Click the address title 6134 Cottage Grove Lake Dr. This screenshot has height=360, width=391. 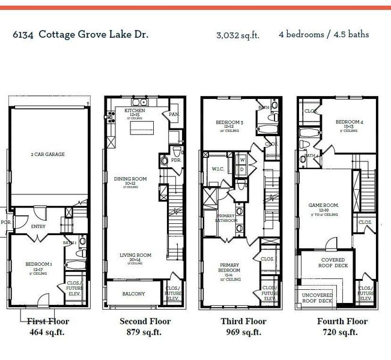coord(80,34)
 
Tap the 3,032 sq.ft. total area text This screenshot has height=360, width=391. coord(238,35)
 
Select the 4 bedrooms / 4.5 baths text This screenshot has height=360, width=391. coord(324,34)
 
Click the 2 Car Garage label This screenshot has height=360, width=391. coord(47,154)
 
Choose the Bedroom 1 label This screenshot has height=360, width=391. coord(38,265)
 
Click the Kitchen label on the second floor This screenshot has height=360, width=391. coord(135,112)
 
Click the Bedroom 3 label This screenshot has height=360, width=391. coord(229,123)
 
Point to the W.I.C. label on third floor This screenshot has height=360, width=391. coord(217,169)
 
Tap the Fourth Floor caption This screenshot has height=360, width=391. coord(342,322)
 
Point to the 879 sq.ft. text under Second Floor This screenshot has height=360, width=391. coord(145,332)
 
